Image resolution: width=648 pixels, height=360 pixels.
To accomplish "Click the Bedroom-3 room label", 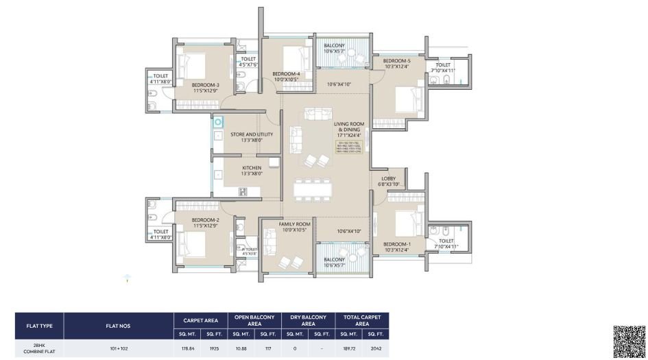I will [206, 85].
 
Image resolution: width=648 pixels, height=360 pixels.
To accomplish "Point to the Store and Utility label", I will [252, 134].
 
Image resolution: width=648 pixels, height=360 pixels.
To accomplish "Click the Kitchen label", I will [251, 168].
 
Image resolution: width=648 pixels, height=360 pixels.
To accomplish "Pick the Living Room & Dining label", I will [349, 128].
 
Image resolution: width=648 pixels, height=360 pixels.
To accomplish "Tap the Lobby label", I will [389, 179].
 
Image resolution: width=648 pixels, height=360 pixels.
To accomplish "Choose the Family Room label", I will [295, 224].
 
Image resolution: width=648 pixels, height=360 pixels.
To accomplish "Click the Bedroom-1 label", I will [396, 245].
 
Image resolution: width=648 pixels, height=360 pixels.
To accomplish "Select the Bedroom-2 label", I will [206, 220].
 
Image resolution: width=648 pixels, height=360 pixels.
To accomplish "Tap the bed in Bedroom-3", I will [193, 67].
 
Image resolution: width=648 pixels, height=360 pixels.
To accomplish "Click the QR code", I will [629, 341].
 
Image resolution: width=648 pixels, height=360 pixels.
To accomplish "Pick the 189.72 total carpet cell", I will [348, 348].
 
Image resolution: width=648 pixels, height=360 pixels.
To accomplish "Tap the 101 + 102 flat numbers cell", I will [119, 348].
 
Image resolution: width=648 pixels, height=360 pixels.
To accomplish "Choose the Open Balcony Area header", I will [254, 320].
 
